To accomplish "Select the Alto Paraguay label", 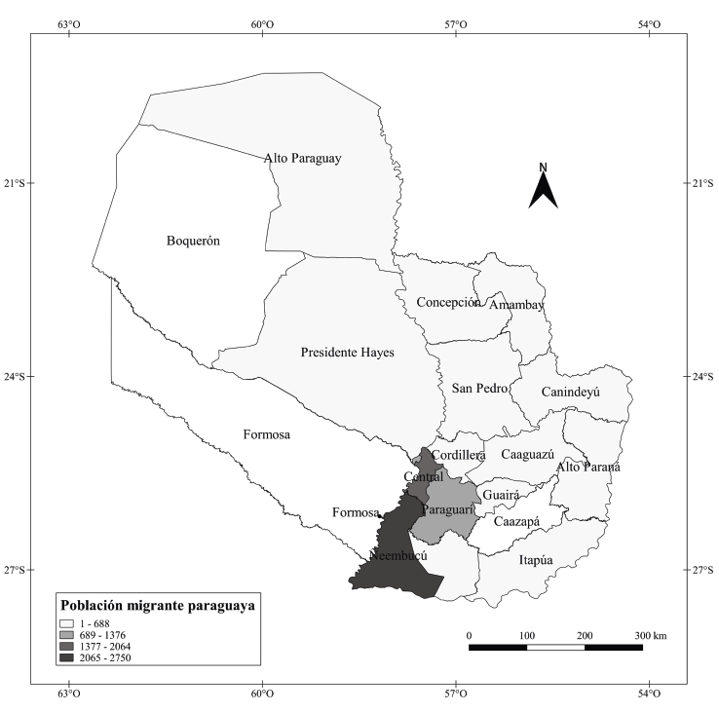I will tap(302, 158).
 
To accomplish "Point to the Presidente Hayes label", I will tap(347, 353).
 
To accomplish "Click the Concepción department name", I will tap(448, 302).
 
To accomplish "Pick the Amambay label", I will tap(516, 306).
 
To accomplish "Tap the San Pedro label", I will tap(479, 389).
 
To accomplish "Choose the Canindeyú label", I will tap(570, 392).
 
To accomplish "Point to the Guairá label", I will tap(502, 496).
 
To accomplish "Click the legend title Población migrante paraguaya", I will tap(158, 605).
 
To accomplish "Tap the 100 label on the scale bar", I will tap(527, 636).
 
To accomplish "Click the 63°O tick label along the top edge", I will tap(68, 23).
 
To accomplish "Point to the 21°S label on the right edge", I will tap(700, 183).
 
